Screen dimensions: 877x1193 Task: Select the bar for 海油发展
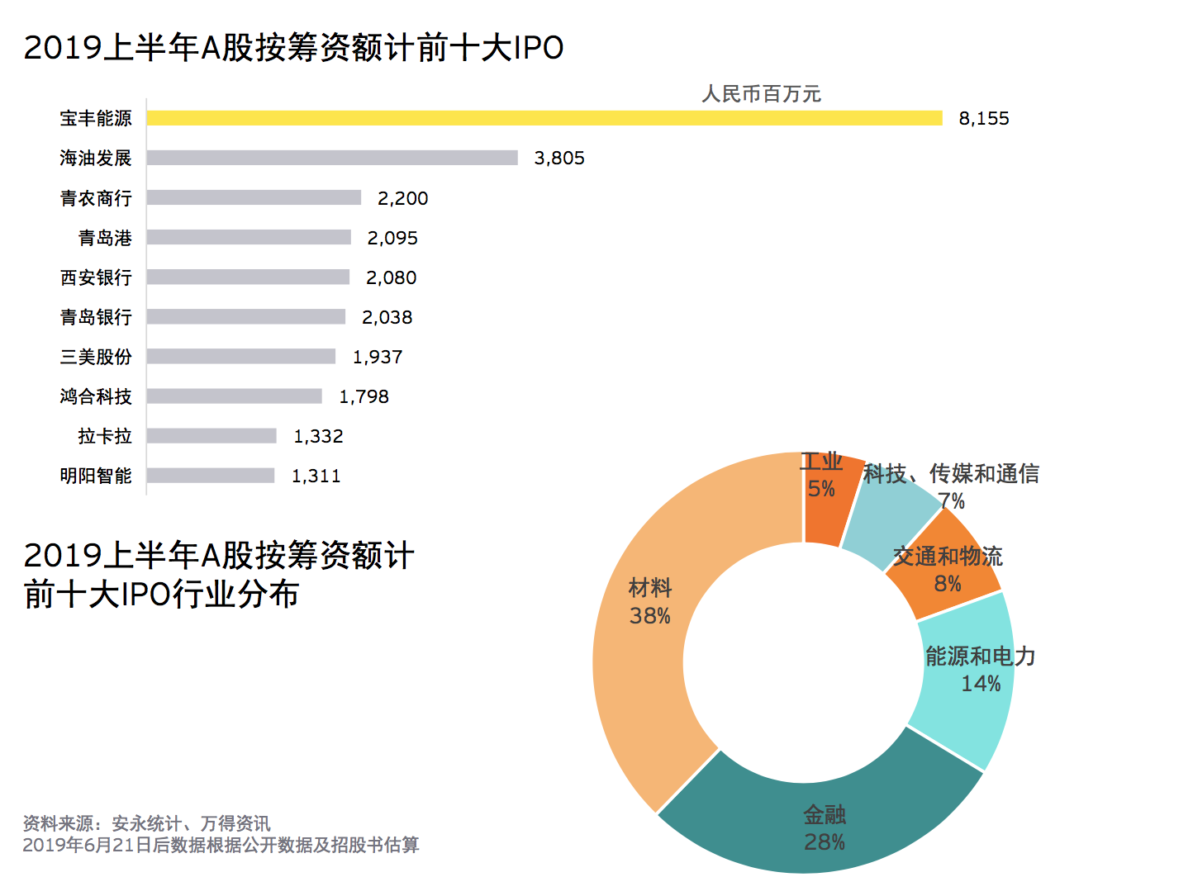(x=332, y=158)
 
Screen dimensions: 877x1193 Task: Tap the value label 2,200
(x=402, y=198)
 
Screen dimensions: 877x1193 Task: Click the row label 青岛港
(x=105, y=238)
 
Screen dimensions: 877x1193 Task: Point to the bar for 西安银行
(x=248, y=277)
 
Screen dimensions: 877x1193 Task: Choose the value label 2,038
(x=387, y=317)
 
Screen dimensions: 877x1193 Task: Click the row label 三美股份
(x=96, y=357)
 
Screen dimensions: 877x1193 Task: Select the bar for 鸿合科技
(x=234, y=396)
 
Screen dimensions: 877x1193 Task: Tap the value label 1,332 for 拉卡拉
(x=318, y=436)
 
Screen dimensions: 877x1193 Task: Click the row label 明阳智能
(x=96, y=476)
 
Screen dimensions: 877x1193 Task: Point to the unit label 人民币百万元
(x=761, y=94)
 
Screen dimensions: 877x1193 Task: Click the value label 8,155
(x=983, y=118)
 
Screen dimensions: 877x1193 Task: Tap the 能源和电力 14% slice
(x=967, y=694)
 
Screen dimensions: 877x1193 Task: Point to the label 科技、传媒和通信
(x=951, y=473)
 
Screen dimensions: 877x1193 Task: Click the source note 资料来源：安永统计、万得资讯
(x=146, y=823)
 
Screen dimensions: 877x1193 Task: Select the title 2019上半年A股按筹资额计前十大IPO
(x=293, y=48)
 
